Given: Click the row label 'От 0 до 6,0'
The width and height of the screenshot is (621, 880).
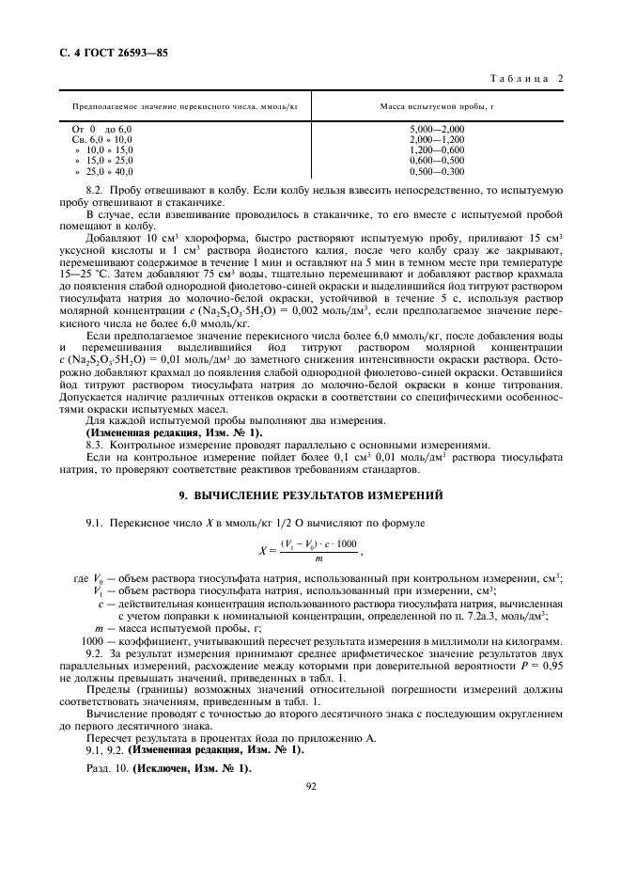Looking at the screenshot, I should click(102, 128).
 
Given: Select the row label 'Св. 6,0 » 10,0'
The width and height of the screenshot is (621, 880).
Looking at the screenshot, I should click(102, 139).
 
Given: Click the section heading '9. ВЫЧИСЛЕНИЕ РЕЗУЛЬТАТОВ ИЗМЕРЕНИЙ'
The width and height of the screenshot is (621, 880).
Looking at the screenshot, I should click(310, 494).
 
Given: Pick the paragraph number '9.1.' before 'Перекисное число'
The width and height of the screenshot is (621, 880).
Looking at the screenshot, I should click(97, 520).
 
